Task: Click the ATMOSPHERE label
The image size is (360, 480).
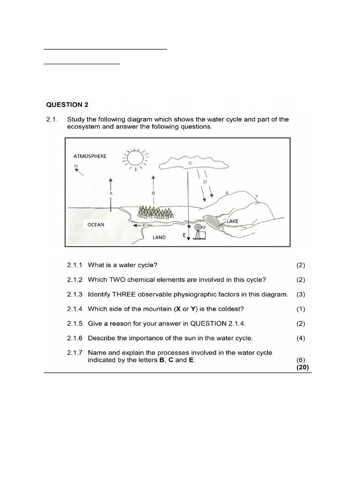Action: (90, 156)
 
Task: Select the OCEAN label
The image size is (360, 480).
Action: (96, 225)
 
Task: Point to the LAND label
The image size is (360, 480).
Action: (159, 237)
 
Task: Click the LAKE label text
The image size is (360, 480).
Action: (233, 221)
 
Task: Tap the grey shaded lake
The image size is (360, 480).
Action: (211, 222)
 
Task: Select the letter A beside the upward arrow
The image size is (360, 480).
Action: (111, 193)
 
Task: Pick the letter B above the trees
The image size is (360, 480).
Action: (153, 193)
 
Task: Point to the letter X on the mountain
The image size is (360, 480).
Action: (226, 193)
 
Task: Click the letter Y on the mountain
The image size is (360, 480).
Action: (256, 196)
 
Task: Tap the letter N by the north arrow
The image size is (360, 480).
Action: (75, 165)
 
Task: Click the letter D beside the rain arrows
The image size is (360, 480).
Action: (204, 182)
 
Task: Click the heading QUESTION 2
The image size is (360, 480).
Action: (67, 104)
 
